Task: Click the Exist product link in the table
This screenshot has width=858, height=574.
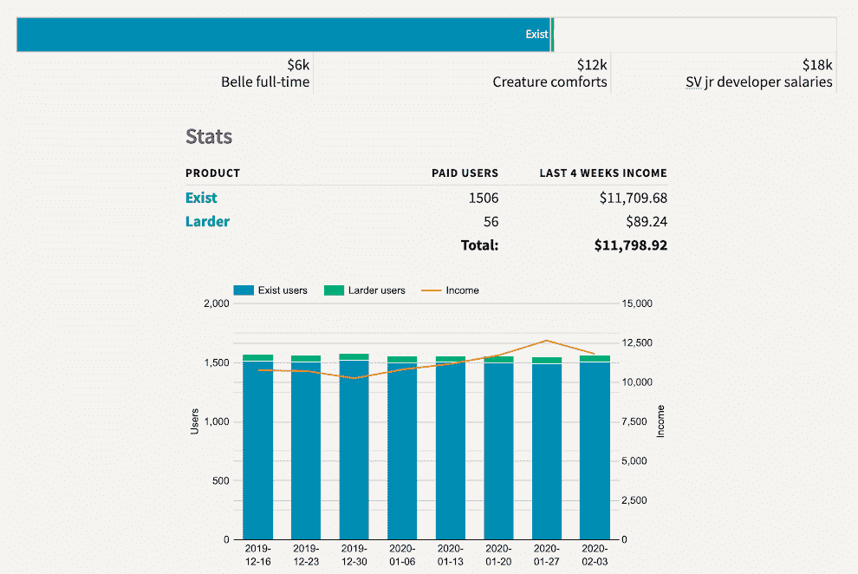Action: pos(201,198)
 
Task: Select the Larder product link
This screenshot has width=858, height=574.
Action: pos(207,221)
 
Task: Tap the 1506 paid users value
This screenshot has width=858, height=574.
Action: pos(483,198)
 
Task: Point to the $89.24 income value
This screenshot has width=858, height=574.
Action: pos(646,221)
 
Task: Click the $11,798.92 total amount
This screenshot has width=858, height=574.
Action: pos(630,245)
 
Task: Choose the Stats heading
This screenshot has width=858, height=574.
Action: pos(209,136)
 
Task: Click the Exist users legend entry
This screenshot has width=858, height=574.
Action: pos(270,290)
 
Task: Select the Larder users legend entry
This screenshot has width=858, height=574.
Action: pos(365,290)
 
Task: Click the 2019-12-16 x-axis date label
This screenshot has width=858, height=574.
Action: pos(257,554)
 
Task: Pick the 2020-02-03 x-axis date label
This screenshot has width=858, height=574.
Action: pos(595,554)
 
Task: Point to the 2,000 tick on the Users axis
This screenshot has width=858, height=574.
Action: pos(216,303)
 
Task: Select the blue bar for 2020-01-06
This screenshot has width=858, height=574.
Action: pos(402,451)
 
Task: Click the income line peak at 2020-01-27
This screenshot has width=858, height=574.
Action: pos(546,341)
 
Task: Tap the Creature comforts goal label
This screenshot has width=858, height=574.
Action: pos(549,82)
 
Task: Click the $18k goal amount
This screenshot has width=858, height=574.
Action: pos(816,65)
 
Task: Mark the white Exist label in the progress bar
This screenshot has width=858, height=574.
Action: pos(536,35)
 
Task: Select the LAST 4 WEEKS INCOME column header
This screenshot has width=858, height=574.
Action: pos(602,173)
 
